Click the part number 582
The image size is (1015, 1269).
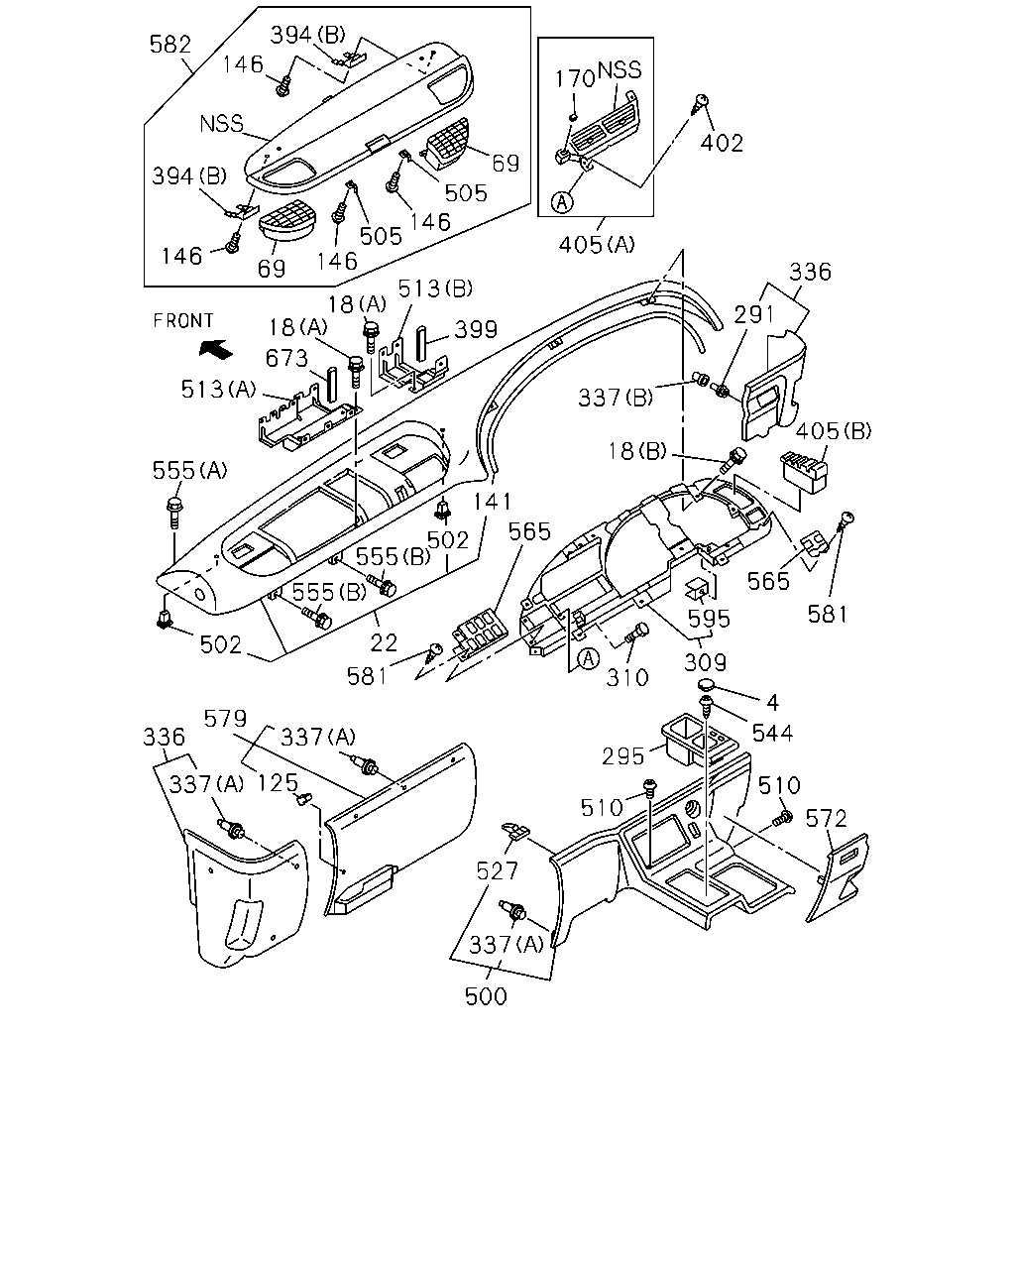(169, 45)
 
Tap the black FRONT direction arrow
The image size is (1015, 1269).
(216, 349)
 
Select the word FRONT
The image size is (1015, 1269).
(182, 321)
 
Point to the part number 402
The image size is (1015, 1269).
(722, 143)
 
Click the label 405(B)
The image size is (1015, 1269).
(834, 431)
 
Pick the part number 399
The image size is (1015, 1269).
(476, 329)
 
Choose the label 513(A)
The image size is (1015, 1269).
(218, 390)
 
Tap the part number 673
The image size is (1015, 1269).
(286, 358)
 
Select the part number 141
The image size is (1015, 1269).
(493, 502)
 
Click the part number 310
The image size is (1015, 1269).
(626, 678)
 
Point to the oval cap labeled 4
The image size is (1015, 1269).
(706, 686)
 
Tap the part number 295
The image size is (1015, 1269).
(622, 756)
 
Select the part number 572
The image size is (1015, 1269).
(826, 819)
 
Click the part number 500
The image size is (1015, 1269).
(486, 996)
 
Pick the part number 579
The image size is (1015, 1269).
(225, 719)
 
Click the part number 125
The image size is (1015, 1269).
(278, 783)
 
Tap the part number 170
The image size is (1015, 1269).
(575, 78)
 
